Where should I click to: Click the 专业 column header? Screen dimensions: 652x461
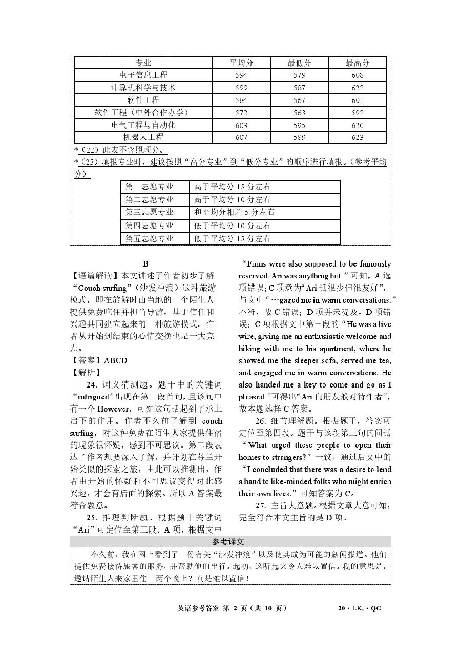pyautogui.click(x=143, y=63)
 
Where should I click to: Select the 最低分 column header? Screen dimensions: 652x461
pyautogui.click(x=299, y=63)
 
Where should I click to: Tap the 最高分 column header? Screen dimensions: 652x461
pyautogui.click(x=358, y=63)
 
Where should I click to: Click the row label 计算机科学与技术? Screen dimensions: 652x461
pyautogui.click(x=143, y=88)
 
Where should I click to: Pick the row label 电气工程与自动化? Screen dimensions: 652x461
pyautogui.click(x=143, y=125)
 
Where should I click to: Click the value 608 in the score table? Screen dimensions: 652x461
pyautogui.click(x=358, y=75)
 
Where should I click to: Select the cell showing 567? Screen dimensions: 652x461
pyautogui.click(x=299, y=100)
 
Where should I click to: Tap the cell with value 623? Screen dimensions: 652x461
pyautogui.click(x=358, y=137)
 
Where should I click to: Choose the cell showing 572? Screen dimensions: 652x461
pyautogui.click(x=241, y=113)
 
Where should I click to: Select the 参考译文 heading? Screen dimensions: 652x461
pyautogui.click(x=230, y=542)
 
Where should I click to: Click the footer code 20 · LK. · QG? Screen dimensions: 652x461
pyautogui.click(x=359, y=608)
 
